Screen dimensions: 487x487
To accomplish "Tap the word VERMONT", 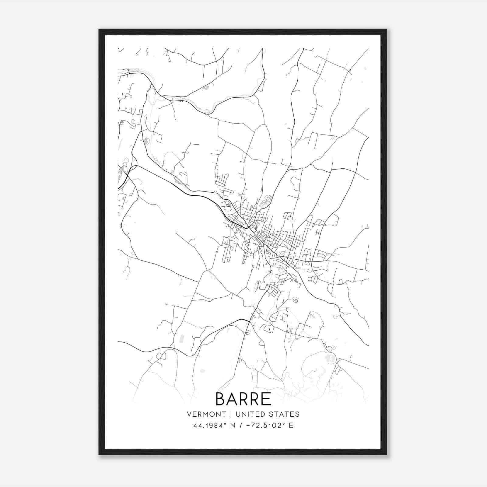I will coord(207,414).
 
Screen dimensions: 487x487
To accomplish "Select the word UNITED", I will coord(252,414).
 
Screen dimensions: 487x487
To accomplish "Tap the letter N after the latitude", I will coord(233,426).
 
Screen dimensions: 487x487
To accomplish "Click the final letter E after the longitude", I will coord(291,426).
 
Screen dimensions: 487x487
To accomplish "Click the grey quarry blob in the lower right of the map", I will coord(329,358).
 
